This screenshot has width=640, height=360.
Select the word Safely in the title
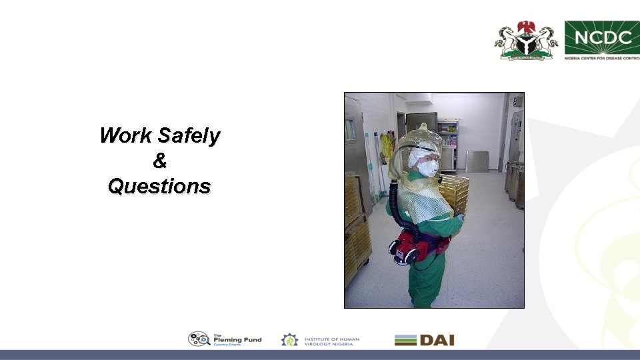tap(189, 137)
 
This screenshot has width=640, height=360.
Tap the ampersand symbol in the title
tap(159, 161)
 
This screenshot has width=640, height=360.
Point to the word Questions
tap(159, 187)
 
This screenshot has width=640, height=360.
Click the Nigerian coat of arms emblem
tap(526, 40)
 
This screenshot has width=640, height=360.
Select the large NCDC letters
tap(603, 37)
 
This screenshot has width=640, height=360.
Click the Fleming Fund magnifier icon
tap(199, 339)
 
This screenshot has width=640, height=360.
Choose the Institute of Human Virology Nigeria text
tap(331, 340)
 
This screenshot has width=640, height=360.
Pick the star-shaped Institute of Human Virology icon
tap(289, 340)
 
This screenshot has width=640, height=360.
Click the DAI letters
tap(437, 340)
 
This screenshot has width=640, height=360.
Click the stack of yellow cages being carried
tap(455, 193)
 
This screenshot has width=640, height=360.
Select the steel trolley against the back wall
tap(476, 161)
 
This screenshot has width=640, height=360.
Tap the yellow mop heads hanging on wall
tap(386, 148)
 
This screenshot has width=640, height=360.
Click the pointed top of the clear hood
tap(421, 127)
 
